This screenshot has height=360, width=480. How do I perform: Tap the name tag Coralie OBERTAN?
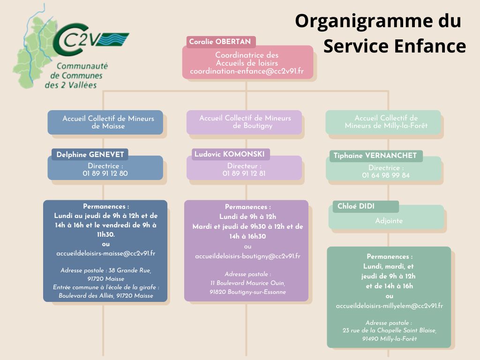click(220, 42)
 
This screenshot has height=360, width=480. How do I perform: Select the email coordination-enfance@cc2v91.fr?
click(247, 71)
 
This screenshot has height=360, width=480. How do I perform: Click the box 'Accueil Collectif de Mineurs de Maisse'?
click(105, 122)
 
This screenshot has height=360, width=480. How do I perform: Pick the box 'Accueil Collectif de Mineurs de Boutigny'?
click(244, 122)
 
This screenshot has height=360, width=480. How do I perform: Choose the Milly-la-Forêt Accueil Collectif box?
click(383, 122)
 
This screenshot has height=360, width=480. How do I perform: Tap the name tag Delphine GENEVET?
click(90, 154)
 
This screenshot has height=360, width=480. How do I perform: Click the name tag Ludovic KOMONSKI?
click(230, 154)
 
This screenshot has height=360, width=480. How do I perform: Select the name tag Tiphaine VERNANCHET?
click(375, 156)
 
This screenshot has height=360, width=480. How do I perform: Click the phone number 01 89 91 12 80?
click(105, 173)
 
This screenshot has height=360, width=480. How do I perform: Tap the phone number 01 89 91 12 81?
click(244, 173)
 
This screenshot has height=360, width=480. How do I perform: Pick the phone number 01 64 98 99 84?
click(386, 175)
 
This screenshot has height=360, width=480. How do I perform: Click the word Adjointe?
click(389, 221)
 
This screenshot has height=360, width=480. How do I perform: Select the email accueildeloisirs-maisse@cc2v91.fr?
click(105, 253)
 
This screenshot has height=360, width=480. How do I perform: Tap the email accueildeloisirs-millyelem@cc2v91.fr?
click(389, 306)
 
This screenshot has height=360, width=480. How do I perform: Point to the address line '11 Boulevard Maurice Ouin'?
click(247, 283)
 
